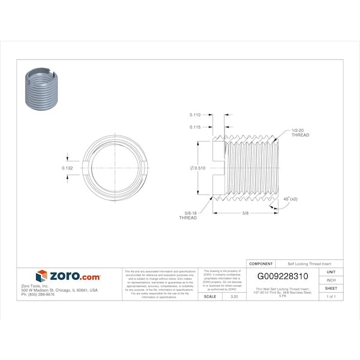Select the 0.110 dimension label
(x=195, y=115)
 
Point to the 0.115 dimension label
(x=195, y=127)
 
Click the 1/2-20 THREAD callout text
(x=300, y=133)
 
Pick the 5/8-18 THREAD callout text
(x=188, y=215)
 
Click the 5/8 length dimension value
(x=246, y=213)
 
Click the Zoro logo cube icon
(x=41, y=276)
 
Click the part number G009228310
(x=283, y=277)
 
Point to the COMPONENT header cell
(x=261, y=263)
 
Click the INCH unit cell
(x=331, y=280)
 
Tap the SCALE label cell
(x=210, y=296)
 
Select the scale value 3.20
(x=234, y=296)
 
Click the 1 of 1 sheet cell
(x=331, y=296)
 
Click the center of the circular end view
(x=114, y=168)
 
